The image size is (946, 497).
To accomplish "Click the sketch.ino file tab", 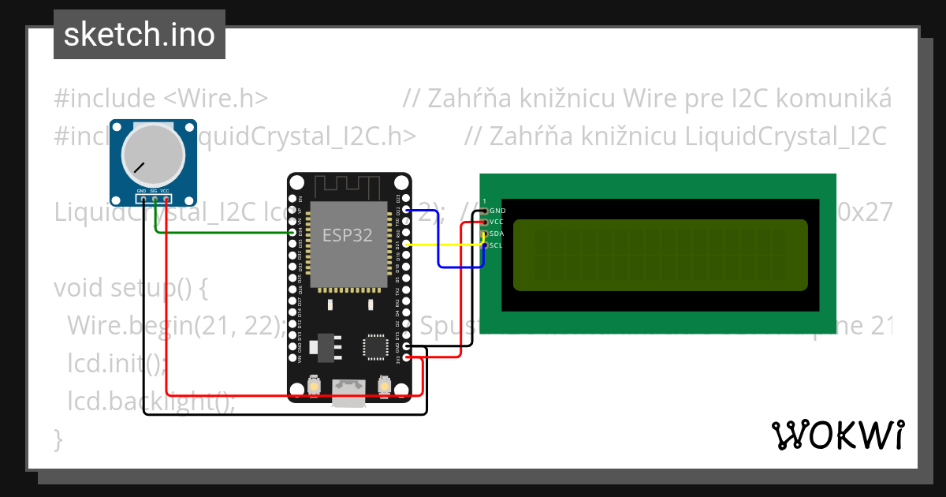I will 140,35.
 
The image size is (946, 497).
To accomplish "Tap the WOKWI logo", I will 837,435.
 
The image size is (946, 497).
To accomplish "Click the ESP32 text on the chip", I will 347,235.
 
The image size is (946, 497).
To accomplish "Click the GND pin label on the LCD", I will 497,211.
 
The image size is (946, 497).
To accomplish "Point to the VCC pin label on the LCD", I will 497,222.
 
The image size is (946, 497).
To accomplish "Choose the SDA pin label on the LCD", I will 497,234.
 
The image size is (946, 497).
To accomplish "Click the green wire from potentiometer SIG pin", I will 221,233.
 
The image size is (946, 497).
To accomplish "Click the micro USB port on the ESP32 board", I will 348,391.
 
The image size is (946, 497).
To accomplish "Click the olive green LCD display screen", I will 660,255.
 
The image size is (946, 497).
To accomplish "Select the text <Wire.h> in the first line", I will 216,99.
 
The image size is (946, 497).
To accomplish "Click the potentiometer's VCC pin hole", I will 166,198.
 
